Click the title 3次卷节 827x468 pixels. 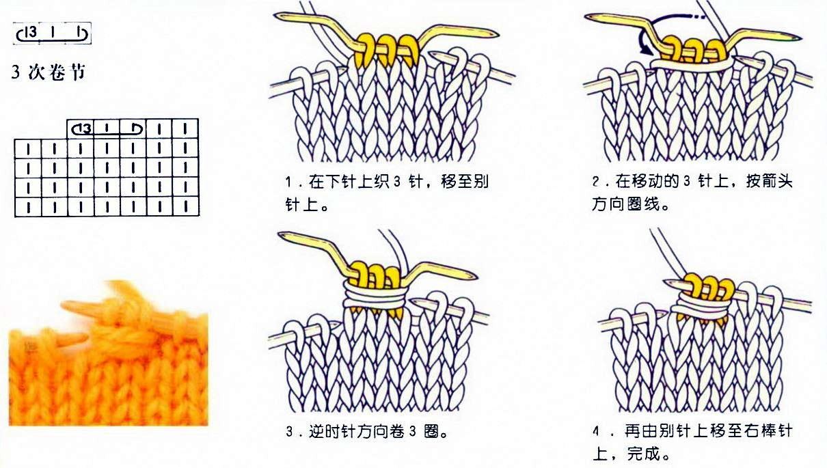[x=49, y=72]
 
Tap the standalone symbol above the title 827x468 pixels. [x=53, y=33]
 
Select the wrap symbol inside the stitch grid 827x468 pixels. [x=106, y=128]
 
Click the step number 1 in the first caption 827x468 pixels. [x=289, y=183]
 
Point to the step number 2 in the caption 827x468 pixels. [x=596, y=182]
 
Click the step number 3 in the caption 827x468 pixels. [x=290, y=432]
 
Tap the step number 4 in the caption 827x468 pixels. [x=597, y=432]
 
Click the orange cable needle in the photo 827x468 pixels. [x=85, y=307]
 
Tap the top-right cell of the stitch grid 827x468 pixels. [x=185, y=128]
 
